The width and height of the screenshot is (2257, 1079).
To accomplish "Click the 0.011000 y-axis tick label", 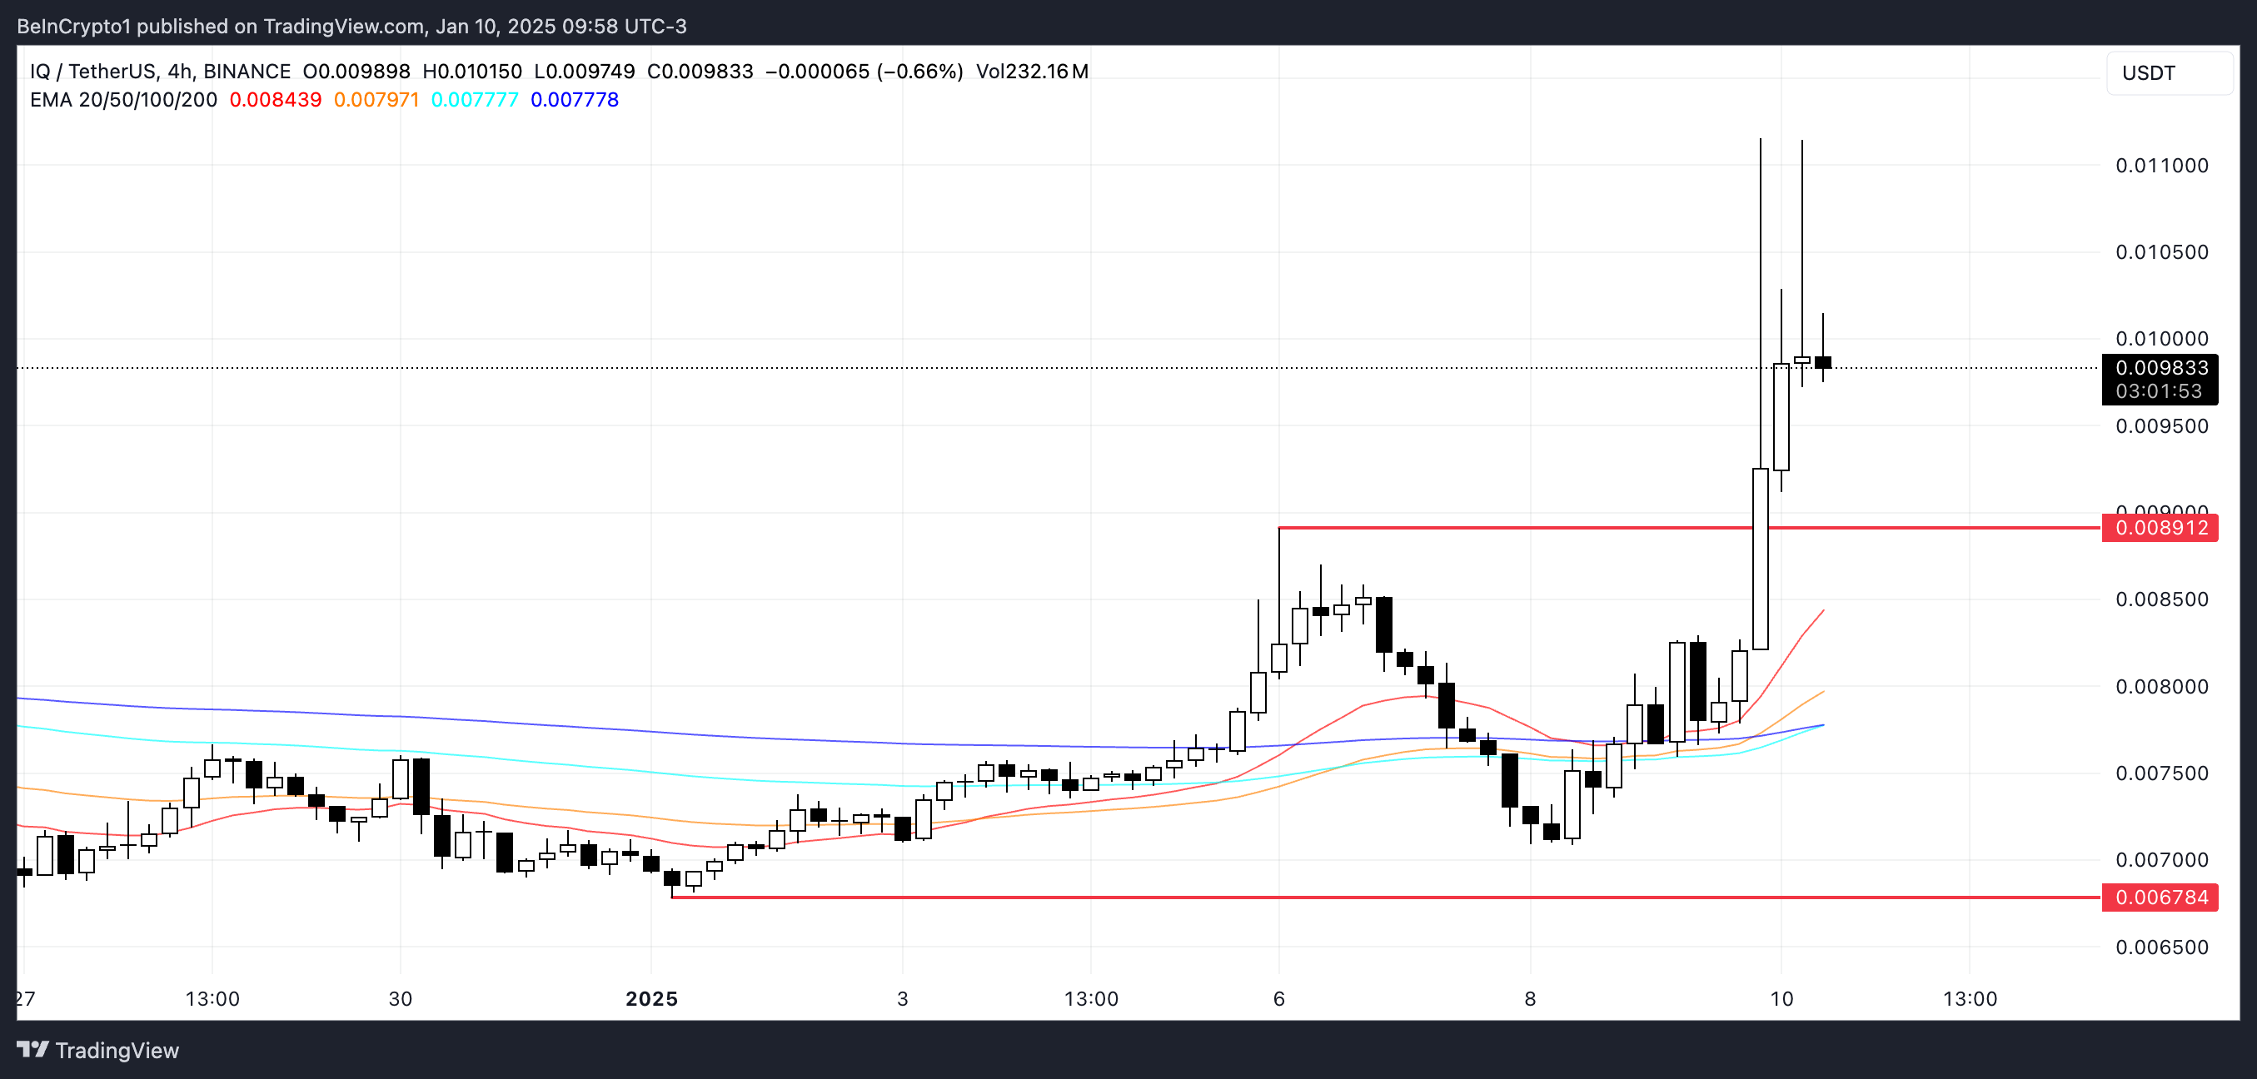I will click(x=2161, y=166).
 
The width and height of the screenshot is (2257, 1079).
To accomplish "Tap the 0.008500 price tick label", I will click(x=2161, y=600).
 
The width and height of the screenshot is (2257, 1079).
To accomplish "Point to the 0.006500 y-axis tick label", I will click(x=2161, y=947).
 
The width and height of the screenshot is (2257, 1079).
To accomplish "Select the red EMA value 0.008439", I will click(x=275, y=100).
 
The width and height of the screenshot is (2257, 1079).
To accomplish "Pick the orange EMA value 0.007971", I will click(x=376, y=100).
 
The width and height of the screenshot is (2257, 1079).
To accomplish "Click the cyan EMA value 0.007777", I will click(x=475, y=100).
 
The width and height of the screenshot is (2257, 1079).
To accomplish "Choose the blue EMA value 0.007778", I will click(x=575, y=100).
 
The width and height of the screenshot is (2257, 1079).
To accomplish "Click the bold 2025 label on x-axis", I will click(x=651, y=999).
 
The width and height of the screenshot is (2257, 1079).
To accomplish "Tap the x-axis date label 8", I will click(x=1530, y=999).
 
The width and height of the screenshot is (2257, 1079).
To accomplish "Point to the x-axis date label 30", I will click(x=401, y=999).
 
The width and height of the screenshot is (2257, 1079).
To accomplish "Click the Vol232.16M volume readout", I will click(x=1032, y=72).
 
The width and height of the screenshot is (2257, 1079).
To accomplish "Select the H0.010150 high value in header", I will click(x=472, y=72).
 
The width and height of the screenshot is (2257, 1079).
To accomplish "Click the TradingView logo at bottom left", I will click(x=98, y=1050).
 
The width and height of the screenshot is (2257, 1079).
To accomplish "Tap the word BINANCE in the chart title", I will click(x=247, y=72).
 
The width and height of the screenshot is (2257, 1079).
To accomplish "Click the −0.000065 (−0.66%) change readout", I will click(x=864, y=72).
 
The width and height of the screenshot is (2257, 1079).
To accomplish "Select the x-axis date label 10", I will click(x=1781, y=999).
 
